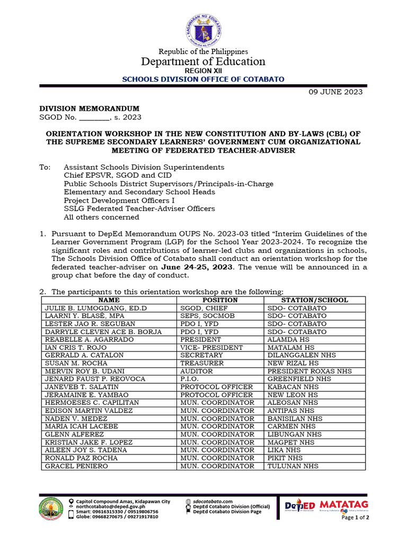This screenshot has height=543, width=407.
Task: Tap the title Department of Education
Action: click(x=203, y=62)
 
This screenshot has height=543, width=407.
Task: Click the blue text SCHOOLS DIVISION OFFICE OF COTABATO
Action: click(x=203, y=79)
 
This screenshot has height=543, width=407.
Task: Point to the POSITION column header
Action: click(x=220, y=300)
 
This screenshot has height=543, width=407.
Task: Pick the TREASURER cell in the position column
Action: click(x=202, y=363)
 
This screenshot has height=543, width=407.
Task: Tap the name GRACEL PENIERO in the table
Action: click(x=76, y=466)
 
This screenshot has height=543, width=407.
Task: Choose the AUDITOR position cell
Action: click(x=198, y=371)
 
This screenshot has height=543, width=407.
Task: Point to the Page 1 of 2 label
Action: click(x=355, y=517)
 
